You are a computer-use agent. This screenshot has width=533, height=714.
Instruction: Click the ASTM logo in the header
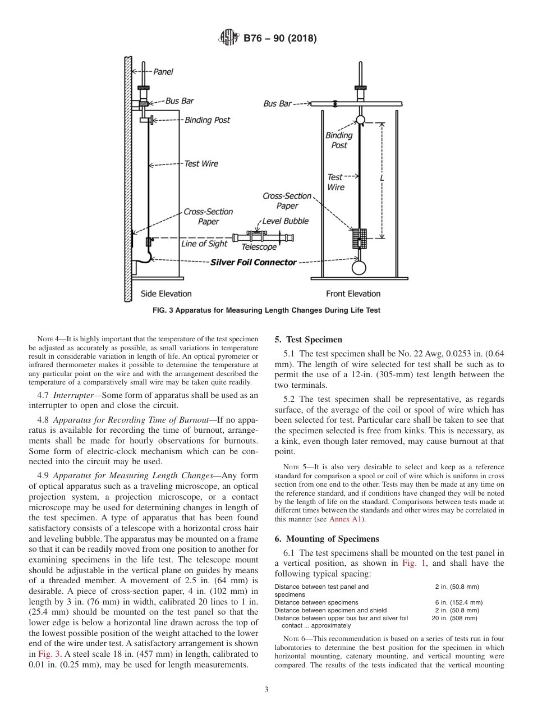pyautogui.click(x=228, y=39)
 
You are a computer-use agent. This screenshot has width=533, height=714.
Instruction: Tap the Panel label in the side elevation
pyautogui.click(x=163, y=72)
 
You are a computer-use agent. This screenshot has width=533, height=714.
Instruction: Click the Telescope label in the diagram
pyautogui.click(x=259, y=247)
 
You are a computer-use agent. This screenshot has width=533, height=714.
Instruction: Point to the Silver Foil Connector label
pyautogui.click(x=253, y=262)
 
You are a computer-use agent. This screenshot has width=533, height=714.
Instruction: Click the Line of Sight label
pyautogui.click(x=204, y=244)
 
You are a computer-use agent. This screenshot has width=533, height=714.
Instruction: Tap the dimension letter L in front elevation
pyautogui.click(x=382, y=177)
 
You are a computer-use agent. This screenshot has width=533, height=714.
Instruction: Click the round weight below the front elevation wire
pyautogui.click(x=359, y=267)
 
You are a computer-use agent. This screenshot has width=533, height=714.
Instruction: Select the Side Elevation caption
pyautogui.click(x=166, y=294)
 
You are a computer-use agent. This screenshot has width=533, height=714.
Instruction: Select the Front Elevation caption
pyautogui.click(x=353, y=294)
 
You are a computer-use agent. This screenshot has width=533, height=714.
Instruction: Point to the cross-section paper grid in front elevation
pyautogui.click(x=359, y=238)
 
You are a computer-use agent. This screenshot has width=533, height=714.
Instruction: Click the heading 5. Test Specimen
pyautogui.click(x=308, y=340)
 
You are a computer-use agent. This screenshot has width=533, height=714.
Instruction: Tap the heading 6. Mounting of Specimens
pyautogui.click(x=327, y=538)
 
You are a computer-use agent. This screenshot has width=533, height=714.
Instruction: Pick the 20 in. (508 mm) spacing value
pyautogui.click(x=454, y=618)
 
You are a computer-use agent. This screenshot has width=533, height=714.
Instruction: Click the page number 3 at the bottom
pyautogui.click(x=266, y=690)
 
